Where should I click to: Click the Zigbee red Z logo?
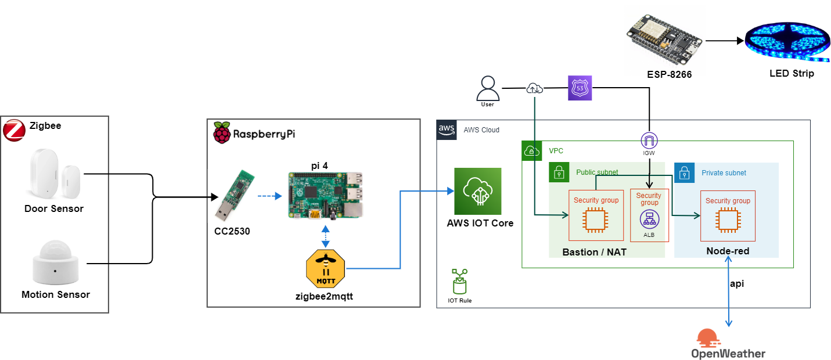pyautogui.click(x=14, y=130)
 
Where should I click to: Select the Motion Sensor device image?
pyautogui.click(x=56, y=262)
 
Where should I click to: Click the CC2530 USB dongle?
pyautogui.click(x=235, y=195)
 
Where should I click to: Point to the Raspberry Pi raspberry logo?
pyautogui.click(x=221, y=132)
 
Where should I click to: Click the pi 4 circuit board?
pyautogui.click(x=325, y=195)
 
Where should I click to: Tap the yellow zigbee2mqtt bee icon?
pyautogui.click(x=325, y=269)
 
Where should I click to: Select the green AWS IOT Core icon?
pyautogui.click(x=478, y=191)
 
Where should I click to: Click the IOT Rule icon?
pyautogui.click(x=460, y=282)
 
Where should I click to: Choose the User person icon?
pyautogui.click(x=488, y=88)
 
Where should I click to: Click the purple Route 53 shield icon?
pyautogui.click(x=580, y=88)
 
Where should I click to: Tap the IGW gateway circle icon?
pyautogui.click(x=649, y=141)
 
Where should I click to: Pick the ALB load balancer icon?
pyautogui.click(x=650, y=219)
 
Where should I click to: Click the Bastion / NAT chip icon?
pyautogui.click(x=595, y=220)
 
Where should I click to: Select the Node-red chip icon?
pyautogui.click(x=728, y=220)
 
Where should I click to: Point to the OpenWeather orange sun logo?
pyautogui.click(x=708, y=338)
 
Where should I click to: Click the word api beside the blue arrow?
pyautogui.click(x=737, y=284)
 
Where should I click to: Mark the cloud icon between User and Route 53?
pyautogui.click(x=535, y=89)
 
